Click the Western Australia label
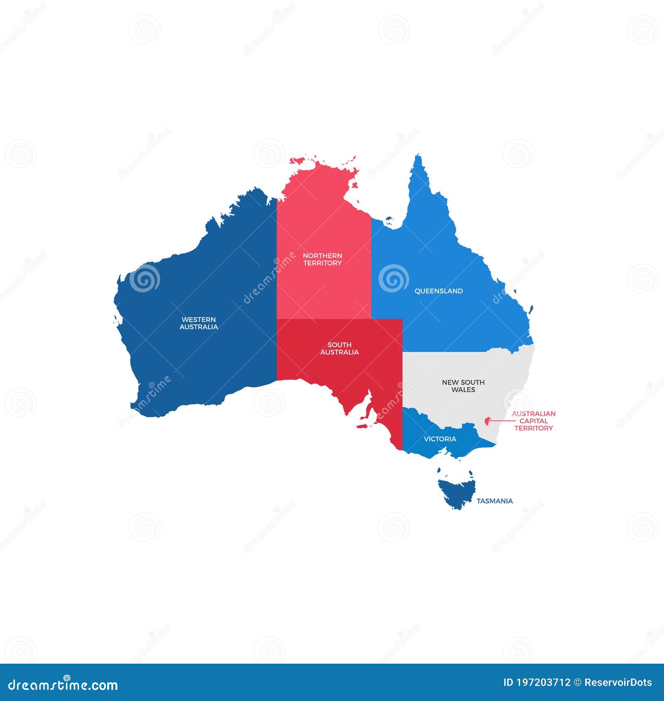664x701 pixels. coord(198,323)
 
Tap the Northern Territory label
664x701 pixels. coord(322,259)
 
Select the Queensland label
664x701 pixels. coord(439,291)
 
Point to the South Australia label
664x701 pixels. coord(339,348)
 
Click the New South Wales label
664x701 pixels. coord(463,386)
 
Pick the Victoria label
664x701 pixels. coord(440,439)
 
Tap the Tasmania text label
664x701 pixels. coord(494,501)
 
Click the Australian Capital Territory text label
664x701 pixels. coord(533,421)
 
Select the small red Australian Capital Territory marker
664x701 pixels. coord(487,421)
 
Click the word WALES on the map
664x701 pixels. coord(463,390)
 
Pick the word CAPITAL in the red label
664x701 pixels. coord(533,421)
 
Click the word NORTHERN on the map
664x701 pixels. coord(322,256)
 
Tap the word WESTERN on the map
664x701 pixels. coord(198,319)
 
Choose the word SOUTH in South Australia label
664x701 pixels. coord(339,345)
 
